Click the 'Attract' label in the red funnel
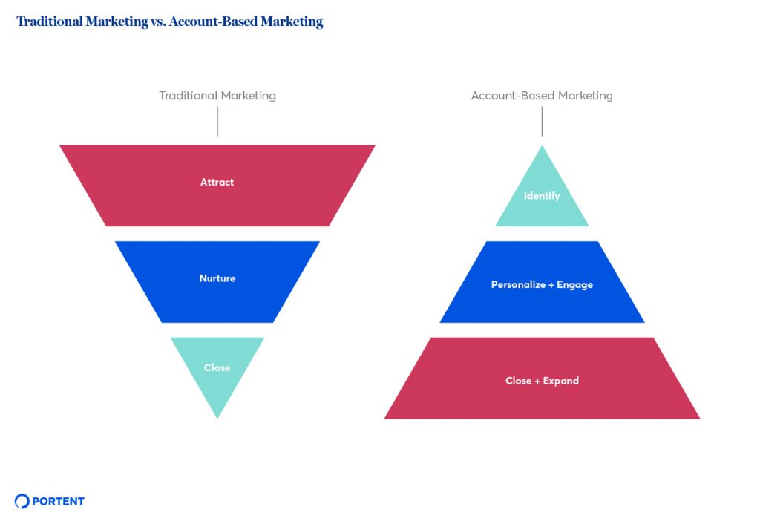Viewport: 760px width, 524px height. [217, 182]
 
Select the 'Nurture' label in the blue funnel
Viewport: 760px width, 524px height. [217, 278]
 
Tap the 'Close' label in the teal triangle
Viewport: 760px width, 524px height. [217, 367]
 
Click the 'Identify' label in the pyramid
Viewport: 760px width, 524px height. [542, 196]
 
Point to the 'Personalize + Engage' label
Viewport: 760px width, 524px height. [542, 284]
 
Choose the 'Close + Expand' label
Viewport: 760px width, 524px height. [542, 381]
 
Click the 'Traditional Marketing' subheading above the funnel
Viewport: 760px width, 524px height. [217, 96]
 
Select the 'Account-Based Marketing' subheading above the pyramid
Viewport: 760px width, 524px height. [542, 96]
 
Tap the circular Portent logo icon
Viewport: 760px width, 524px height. [22, 501]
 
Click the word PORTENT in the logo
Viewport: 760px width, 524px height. [59, 501]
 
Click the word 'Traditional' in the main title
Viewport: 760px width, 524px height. [50, 22]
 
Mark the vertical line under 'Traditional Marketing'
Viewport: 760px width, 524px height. [217, 121]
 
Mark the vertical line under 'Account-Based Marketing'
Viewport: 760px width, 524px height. [542, 121]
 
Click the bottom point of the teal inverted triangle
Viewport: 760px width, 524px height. [217, 416]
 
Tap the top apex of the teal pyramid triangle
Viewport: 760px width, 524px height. [542, 148]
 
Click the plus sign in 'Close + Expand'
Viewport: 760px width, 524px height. [537, 381]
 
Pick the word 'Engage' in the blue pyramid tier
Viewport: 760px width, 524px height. [576, 284]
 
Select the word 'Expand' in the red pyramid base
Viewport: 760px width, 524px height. [560, 381]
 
